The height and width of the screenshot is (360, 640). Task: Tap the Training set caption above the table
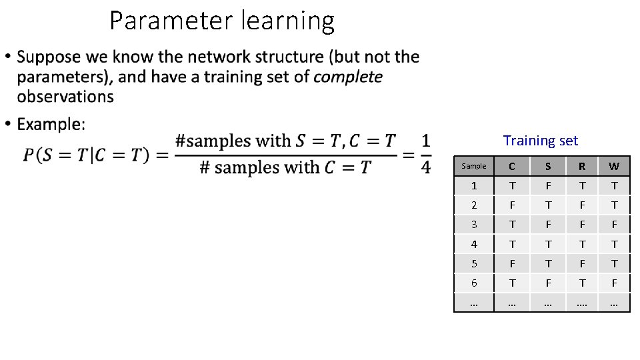coord(541,141)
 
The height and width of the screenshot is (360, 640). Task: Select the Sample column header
coord(474,166)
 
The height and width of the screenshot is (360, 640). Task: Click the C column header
coord(511,166)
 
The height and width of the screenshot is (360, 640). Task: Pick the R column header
coord(581,166)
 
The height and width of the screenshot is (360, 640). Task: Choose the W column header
coord(614,166)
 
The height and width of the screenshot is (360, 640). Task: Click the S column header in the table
coord(548,166)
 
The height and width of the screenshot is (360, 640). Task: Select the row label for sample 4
coord(474,244)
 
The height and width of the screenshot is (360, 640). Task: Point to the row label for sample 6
coord(474,283)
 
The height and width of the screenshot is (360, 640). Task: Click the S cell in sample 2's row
coord(548,205)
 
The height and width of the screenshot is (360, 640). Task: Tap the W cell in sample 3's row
coord(614,225)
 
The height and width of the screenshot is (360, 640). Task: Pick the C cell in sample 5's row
coord(511,263)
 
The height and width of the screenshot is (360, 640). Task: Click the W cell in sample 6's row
coord(614,283)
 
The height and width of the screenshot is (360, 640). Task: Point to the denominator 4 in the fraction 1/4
coord(425,167)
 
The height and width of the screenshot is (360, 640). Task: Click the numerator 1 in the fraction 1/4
coord(425,141)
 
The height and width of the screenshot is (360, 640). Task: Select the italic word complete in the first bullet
coord(347,77)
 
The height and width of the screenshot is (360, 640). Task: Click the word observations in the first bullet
coord(65,97)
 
